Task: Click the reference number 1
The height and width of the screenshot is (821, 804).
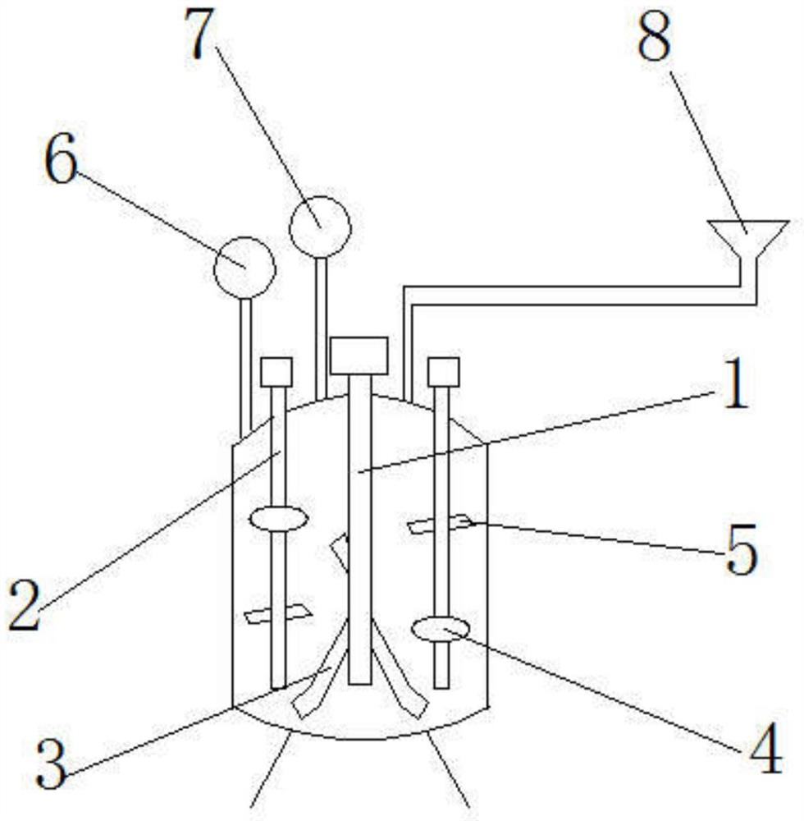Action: pyautogui.click(x=735, y=388)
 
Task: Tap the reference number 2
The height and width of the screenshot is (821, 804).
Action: pyautogui.click(x=24, y=605)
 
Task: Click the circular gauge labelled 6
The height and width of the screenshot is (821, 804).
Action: pyautogui.click(x=244, y=267)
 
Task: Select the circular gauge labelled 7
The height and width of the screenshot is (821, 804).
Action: pyautogui.click(x=320, y=225)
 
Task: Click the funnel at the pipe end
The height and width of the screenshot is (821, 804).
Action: pyautogui.click(x=748, y=236)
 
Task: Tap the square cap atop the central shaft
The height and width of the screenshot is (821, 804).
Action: pyautogui.click(x=359, y=354)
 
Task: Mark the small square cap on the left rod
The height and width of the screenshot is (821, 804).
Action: pyautogui.click(x=276, y=372)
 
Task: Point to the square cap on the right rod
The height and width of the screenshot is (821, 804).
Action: pyautogui.click(x=443, y=372)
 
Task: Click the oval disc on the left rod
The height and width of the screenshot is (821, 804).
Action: pyautogui.click(x=278, y=519)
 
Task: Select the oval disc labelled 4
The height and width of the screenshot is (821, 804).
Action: pyautogui.click(x=441, y=631)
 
